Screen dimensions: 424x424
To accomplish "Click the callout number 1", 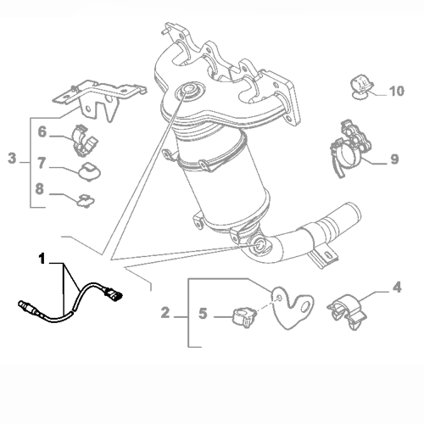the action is point(42,259).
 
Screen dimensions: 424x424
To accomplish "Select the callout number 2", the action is point(165,313).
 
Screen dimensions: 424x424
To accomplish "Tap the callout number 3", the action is point(12,158).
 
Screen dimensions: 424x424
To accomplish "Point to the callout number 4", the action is point(397,287).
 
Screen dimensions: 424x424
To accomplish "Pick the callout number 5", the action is point(203,314).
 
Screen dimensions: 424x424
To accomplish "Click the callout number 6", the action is point(42,132).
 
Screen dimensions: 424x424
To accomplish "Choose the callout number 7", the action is point(42,163).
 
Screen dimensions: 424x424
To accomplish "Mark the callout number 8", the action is point(40,189).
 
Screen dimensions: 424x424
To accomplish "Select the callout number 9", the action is point(394,159).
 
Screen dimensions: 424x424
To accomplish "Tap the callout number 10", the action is point(397,91).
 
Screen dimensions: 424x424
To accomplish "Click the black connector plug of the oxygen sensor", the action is point(114,295).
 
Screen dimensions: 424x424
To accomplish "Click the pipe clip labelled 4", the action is point(347,311).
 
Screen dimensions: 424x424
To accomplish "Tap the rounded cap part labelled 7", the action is point(90,171).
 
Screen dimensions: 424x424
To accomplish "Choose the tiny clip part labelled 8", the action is point(86,201).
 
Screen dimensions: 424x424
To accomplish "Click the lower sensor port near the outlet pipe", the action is point(259,244).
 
